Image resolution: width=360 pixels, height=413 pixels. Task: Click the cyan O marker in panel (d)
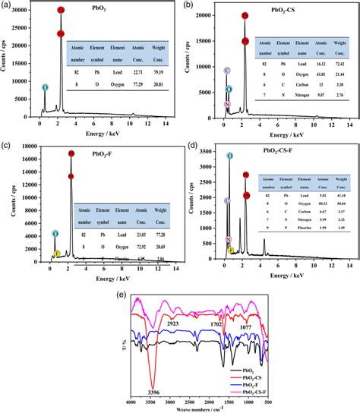(229, 156)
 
